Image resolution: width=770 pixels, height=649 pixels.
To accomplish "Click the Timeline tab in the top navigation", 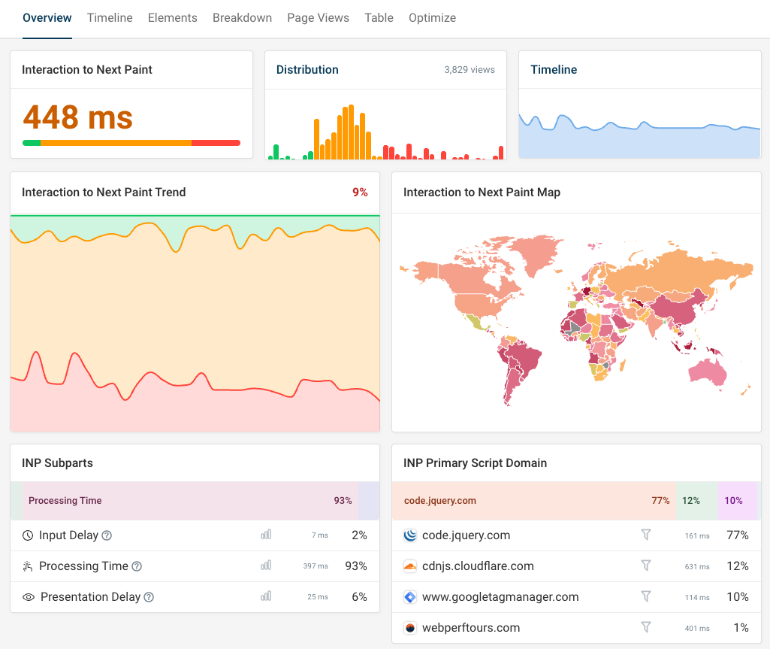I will click(x=110, y=18).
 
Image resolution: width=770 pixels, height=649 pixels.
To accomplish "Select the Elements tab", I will click(x=172, y=18).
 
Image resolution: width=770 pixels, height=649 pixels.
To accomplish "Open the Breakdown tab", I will click(x=242, y=18).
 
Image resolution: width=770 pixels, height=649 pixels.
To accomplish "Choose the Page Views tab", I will click(x=318, y=18).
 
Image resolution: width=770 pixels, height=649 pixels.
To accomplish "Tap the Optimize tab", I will click(x=432, y=18).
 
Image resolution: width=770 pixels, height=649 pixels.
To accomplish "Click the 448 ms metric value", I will click(x=78, y=117).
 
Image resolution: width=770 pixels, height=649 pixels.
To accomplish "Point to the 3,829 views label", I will click(x=470, y=70).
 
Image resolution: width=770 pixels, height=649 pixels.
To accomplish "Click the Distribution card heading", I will click(x=307, y=70).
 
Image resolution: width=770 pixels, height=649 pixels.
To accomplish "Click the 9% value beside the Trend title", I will click(x=360, y=193).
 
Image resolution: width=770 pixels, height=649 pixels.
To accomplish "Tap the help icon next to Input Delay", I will click(x=107, y=535).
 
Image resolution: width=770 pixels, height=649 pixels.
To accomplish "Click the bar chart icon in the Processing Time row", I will click(x=266, y=566).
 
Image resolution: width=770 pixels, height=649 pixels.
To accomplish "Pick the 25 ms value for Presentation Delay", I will click(x=318, y=597).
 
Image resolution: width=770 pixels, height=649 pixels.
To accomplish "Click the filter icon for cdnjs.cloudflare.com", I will click(x=645, y=566).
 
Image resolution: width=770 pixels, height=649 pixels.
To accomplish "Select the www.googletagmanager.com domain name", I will click(x=500, y=597).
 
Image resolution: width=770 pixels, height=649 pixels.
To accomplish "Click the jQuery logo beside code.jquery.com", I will click(x=409, y=535).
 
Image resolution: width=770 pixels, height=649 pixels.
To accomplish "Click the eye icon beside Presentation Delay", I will click(x=29, y=597).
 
